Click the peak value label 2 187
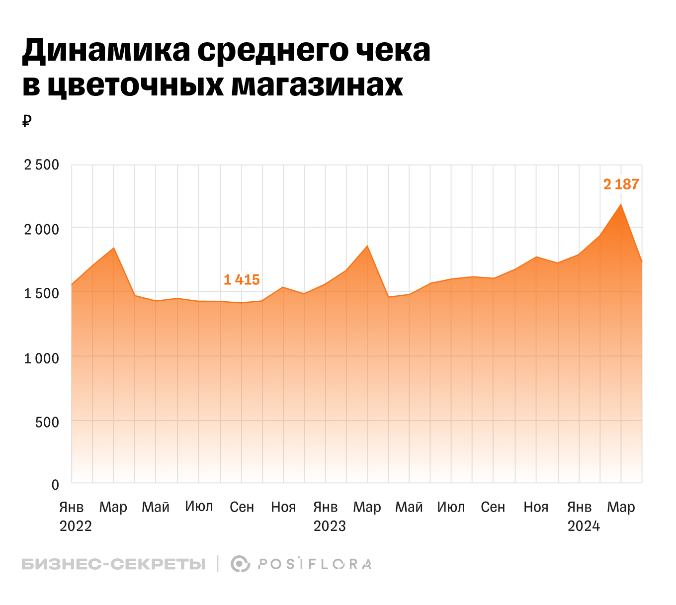(x=621, y=184)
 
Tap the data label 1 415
(x=242, y=280)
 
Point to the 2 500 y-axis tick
(x=42, y=165)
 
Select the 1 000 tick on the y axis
(x=42, y=358)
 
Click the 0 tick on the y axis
(x=55, y=485)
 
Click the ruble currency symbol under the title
(x=27, y=121)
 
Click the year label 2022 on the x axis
(x=76, y=526)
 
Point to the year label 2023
(x=329, y=526)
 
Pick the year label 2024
(x=584, y=526)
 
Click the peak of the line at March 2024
(x=621, y=204)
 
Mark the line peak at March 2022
(x=114, y=248)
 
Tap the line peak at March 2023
(x=367, y=246)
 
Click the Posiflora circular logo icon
(x=240, y=564)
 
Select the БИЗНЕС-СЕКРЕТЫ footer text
(x=113, y=564)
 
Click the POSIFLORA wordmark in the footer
(x=315, y=564)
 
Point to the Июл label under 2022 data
(x=199, y=507)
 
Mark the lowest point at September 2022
(x=241, y=303)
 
